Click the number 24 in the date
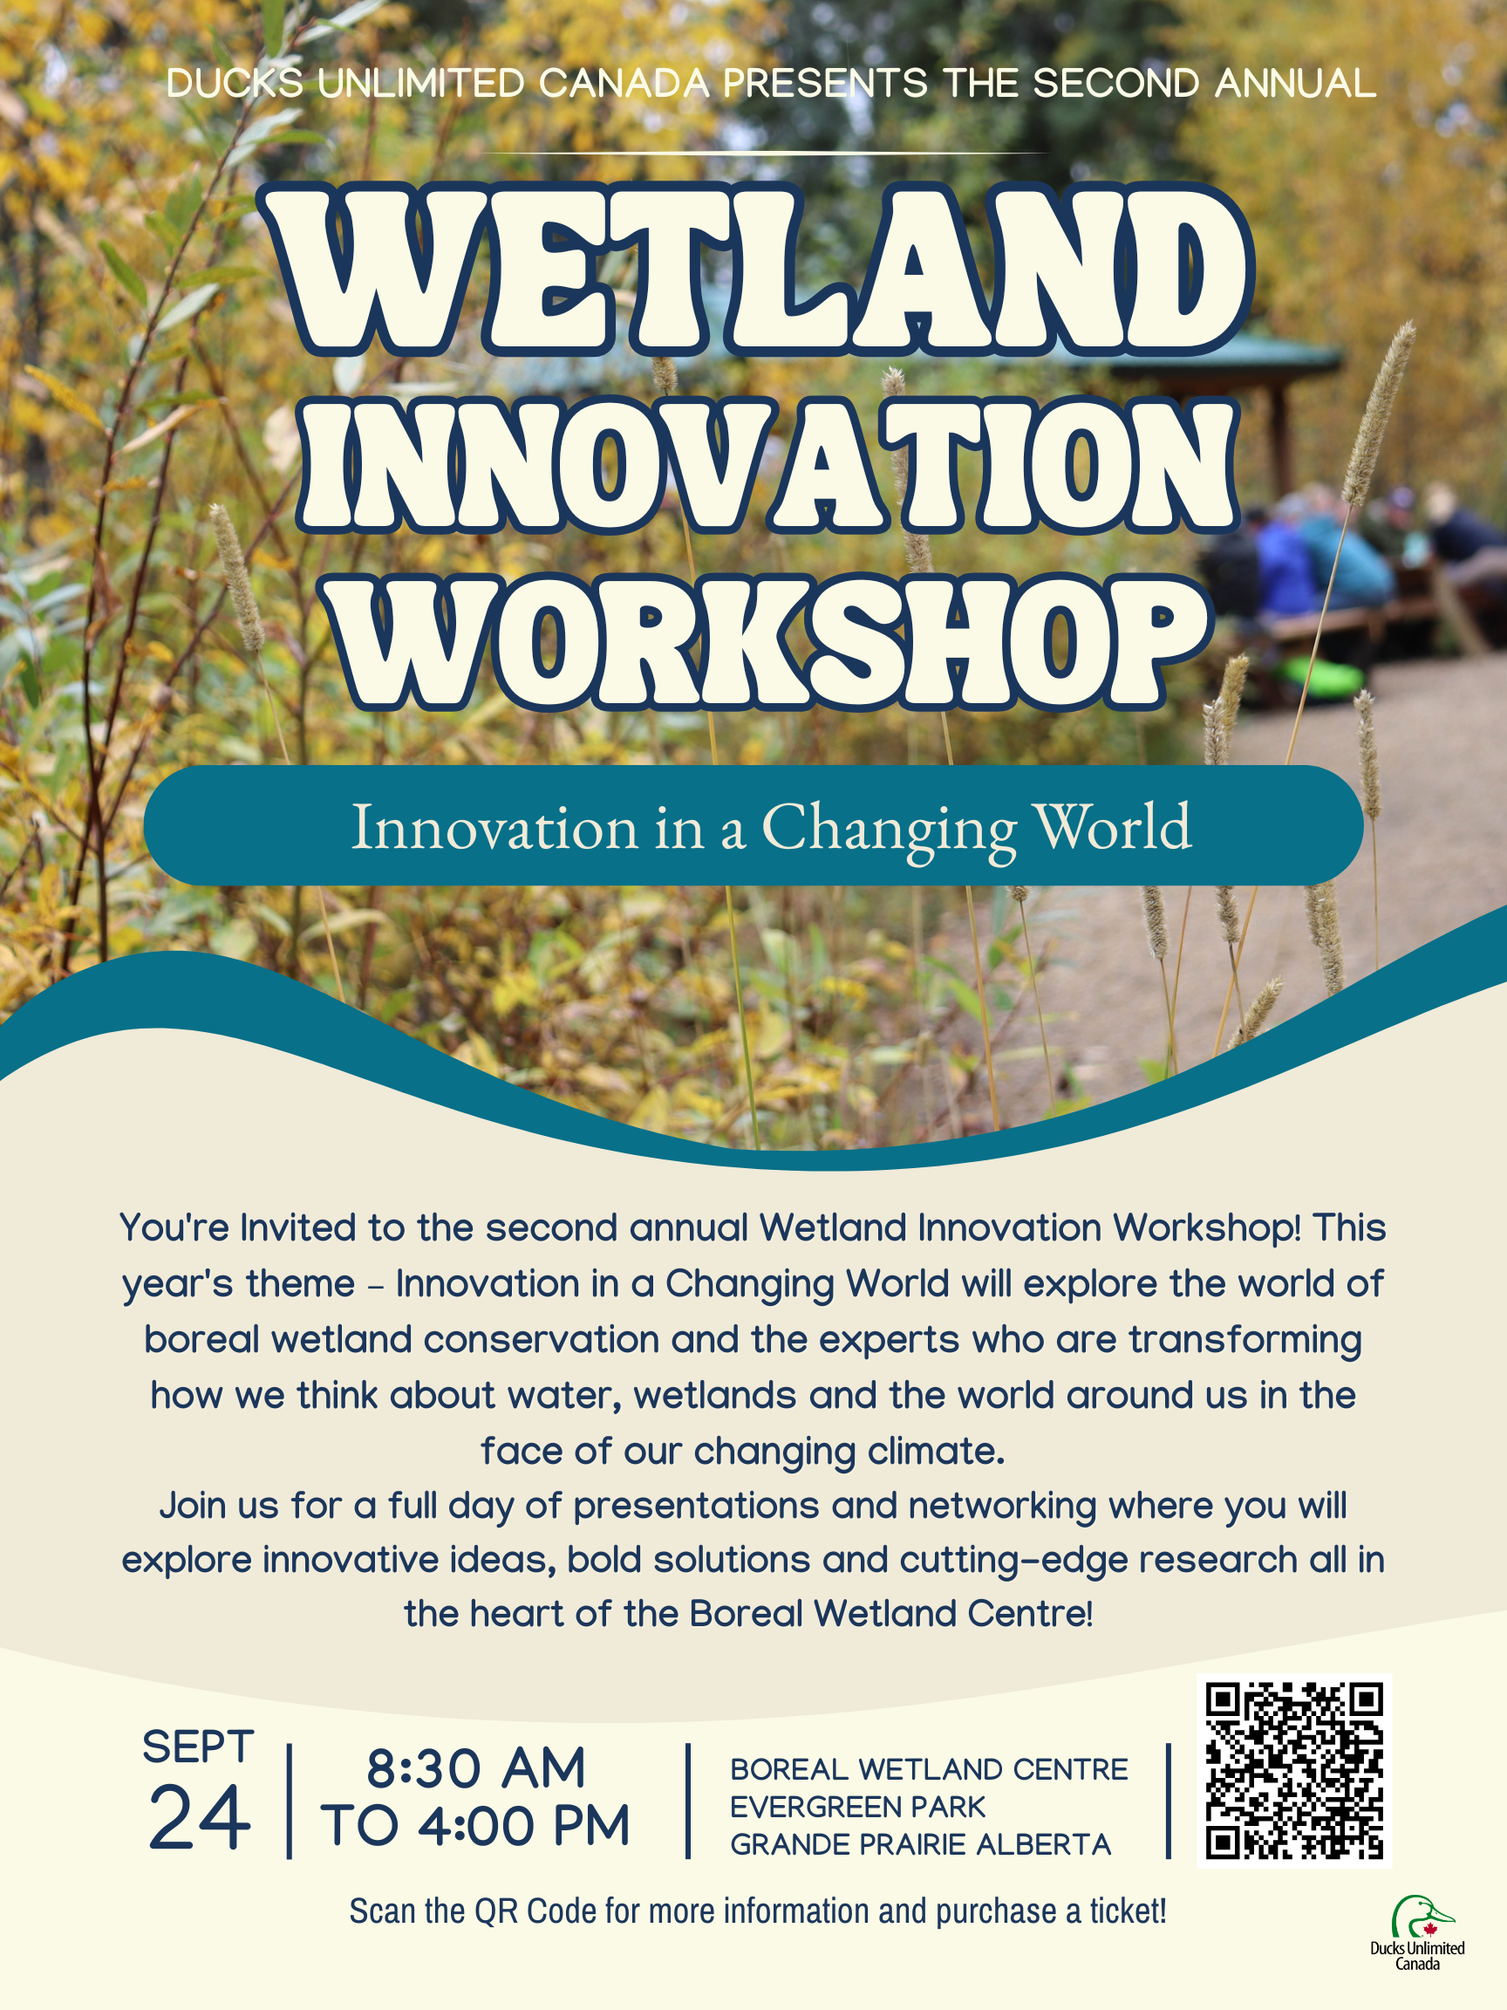pos(199,1818)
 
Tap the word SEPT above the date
pos(198,1747)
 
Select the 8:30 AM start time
pos(476,1768)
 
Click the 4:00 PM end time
pos(526,1827)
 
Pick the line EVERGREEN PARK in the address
pos(857,1808)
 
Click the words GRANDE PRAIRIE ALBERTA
pos(920,1844)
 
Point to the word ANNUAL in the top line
pos(1295,84)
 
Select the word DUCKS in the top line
pos(235,84)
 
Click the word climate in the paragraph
pos(936,1451)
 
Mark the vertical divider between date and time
pos(289,1801)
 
